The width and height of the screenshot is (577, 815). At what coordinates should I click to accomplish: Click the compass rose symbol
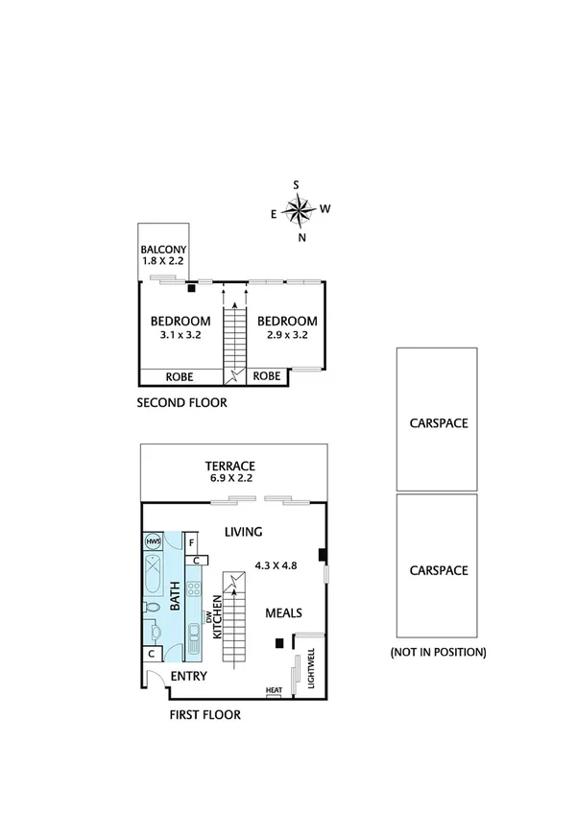pyautogui.click(x=301, y=209)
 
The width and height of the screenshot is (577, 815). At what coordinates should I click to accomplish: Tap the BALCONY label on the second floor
pyautogui.click(x=163, y=250)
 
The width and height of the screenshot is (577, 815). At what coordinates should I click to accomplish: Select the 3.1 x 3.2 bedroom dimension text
pyautogui.click(x=180, y=336)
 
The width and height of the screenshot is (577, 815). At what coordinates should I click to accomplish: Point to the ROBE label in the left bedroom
pyautogui.click(x=181, y=376)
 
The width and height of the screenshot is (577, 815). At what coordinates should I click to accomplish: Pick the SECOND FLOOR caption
pyautogui.click(x=182, y=403)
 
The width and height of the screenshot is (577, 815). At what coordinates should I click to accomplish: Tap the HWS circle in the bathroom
pyautogui.click(x=153, y=541)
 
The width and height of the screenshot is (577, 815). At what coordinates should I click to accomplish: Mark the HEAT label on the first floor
pyautogui.click(x=274, y=689)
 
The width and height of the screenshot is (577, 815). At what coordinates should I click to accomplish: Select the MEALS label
pyautogui.click(x=284, y=612)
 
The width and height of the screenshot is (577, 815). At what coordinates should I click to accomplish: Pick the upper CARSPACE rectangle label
pyautogui.click(x=439, y=422)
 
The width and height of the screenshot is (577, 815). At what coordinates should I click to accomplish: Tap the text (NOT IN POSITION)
pyautogui.click(x=438, y=652)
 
